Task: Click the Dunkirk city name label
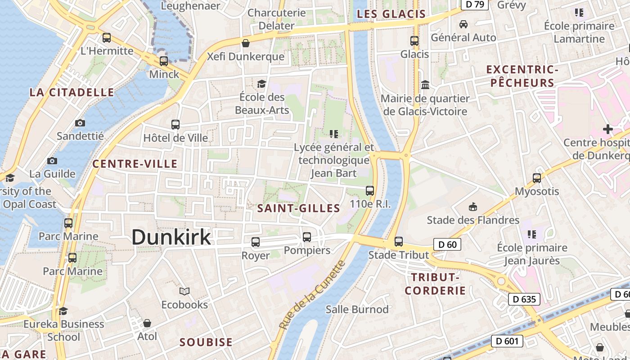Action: click(171, 237)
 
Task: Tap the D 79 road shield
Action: click(475, 4)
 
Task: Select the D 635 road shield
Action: click(524, 299)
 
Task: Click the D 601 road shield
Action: click(507, 341)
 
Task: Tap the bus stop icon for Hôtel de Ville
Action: click(175, 125)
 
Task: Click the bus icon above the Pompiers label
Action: click(307, 237)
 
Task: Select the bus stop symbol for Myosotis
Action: click(537, 178)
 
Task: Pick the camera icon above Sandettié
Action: click(80, 123)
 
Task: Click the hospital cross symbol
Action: click(608, 129)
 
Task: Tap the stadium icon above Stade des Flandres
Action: click(472, 207)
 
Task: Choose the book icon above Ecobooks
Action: click(184, 291)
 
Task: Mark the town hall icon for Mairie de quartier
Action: click(425, 85)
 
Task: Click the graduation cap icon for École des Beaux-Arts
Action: click(261, 84)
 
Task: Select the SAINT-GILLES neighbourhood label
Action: click(298, 208)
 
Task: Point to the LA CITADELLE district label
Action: click(72, 93)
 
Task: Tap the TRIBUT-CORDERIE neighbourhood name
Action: click(435, 283)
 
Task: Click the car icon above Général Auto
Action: click(463, 24)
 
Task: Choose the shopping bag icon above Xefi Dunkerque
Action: click(246, 44)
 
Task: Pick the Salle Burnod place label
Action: click(357, 309)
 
